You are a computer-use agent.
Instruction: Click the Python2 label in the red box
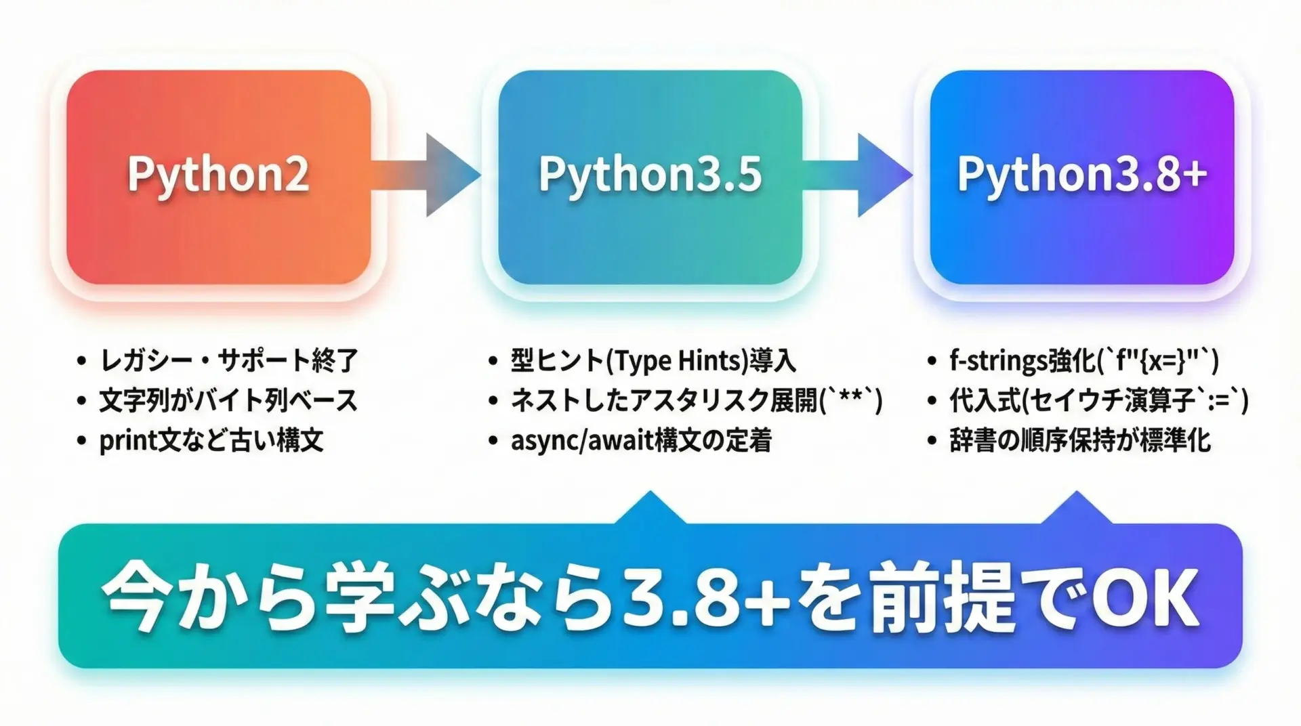coord(218,175)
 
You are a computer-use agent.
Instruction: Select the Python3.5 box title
coord(650,175)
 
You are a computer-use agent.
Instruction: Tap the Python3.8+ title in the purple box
coord(1081,175)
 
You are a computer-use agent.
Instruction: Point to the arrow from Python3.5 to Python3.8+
coord(858,175)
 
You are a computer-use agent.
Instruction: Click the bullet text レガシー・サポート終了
coord(229,360)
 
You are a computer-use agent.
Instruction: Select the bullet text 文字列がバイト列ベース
coord(228,400)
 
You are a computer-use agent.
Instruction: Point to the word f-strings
coord(998,361)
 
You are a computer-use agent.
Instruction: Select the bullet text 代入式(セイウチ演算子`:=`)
coord(1098,400)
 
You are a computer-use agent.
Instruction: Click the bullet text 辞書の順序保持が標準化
coord(1080,441)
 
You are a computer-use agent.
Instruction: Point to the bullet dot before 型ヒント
coord(493,361)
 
